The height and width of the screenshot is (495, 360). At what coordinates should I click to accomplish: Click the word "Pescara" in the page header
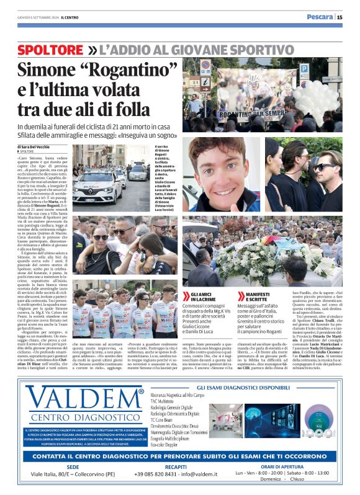tap(320, 17)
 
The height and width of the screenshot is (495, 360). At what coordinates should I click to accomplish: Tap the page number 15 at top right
tap(348, 17)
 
